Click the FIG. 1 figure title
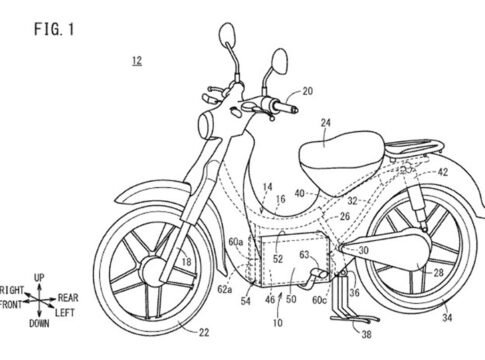pyautogui.click(x=54, y=29)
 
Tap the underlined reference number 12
pyautogui.click(x=137, y=61)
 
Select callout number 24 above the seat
pyautogui.click(x=325, y=123)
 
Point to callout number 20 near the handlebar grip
pyautogui.click(x=308, y=91)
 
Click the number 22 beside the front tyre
pyautogui.click(x=204, y=332)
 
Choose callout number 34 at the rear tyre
pyautogui.click(x=447, y=317)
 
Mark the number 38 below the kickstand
pyautogui.click(x=366, y=334)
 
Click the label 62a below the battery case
pyautogui.click(x=224, y=289)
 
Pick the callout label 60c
pyautogui.click(x=319, y=300)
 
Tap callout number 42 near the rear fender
pyautogui.click(x=442, y=172)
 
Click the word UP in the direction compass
pyautogui.click(x=39, y=277)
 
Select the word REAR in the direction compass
pyautogui.click(x=68, y=298)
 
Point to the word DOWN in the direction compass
pyautogui.click(x=39, y=323)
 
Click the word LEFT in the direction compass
pyautogui.click(x=65, y=313)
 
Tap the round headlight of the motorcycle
pyautogui.click(x=207, y=125)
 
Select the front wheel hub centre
pyautogui.click(x=153, y=272)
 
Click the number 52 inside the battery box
pyautogui.click(x=278, y=259)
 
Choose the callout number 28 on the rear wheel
pyautogui.click(x=438, y=273)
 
